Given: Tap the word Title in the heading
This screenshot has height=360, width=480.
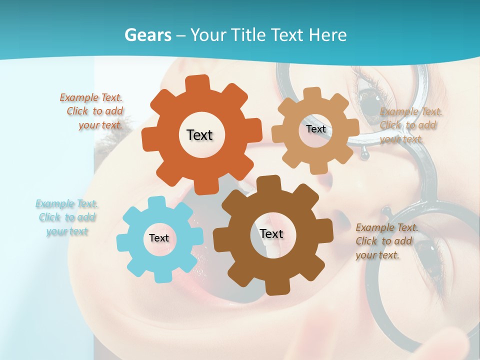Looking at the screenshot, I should click(x=251, y=35).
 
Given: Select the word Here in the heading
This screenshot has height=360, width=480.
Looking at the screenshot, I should click(x=327, y=35).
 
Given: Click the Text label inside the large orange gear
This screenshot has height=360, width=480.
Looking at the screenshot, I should click(x=199, y=135).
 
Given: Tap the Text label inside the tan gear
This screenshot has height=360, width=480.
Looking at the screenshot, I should click(x=315, y=129).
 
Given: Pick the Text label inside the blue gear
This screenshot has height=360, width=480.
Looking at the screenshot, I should click(x=159, y=238).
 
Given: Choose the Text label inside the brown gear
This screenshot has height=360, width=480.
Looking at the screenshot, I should click(x=271, y=234).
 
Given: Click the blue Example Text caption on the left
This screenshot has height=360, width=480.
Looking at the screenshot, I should click(x=67, y=217).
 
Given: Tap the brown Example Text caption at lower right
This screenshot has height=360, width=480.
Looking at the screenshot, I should click(x=386, y=241).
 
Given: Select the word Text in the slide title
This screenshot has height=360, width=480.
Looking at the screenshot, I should click(x=289, y=35).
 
